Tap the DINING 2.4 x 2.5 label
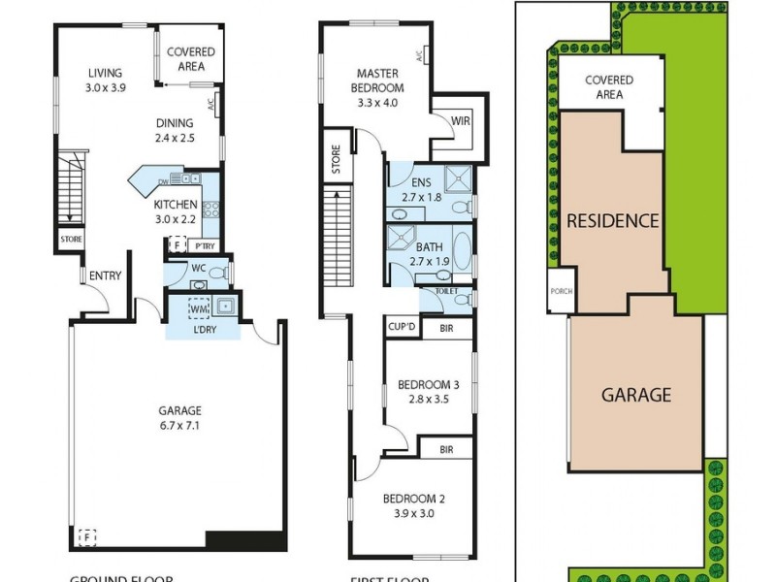coord(176,130)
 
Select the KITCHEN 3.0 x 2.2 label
coord(176,211)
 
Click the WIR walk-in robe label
coord(461,121)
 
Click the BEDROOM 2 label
coord(413,505)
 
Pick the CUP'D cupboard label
coord(402,328)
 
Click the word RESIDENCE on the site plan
coord(613,220)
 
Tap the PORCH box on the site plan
coord(560,290)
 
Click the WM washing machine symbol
coord(199,309)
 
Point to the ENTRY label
coord(105,276)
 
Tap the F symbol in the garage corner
coord(87,535)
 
